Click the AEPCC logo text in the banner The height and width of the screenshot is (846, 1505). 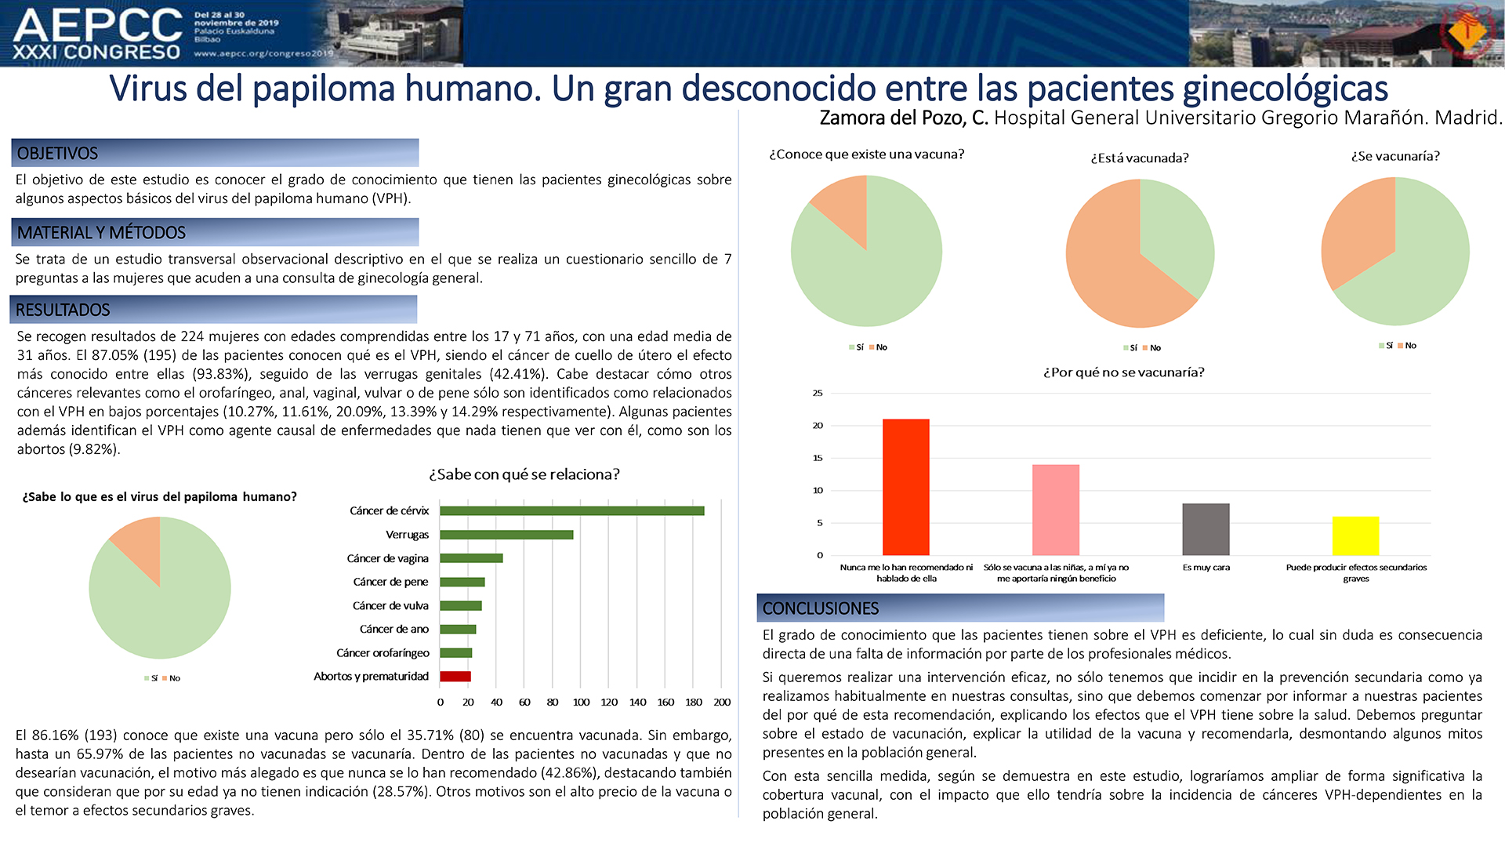click(x=98, y=25)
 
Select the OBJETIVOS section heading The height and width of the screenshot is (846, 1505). click(x=57, y=154)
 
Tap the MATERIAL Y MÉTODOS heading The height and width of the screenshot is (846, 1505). click(x=101, y=233)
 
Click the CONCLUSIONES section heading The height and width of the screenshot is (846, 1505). click(x=821, y=608)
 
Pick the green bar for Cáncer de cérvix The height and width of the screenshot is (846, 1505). click(x=572, y=511)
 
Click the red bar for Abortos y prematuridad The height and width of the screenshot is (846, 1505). click(x=455, y=677)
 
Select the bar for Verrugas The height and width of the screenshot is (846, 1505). click(x=506, y=535)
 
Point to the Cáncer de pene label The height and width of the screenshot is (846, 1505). click(x=390, y=582)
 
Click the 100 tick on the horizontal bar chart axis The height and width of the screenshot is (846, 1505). click(x=581, y=703)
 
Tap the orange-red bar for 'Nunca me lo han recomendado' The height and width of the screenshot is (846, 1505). click(x=906, y=487)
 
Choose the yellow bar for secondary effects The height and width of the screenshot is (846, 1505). click(x=1355, y=536)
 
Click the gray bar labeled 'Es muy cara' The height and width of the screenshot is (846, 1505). click(x=1206, y=529)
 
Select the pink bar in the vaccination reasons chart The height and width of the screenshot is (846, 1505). click(x=1056, y=510)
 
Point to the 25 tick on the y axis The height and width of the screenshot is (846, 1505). click(x=818, y=393)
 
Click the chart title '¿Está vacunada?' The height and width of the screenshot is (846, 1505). click(x=1140, y=158)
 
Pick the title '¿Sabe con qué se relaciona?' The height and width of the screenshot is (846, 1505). click(x=524, y=474)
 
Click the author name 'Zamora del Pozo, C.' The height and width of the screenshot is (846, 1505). click(x=904, y=118)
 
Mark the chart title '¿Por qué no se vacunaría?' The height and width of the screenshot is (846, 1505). click(x=1123, y=372)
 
